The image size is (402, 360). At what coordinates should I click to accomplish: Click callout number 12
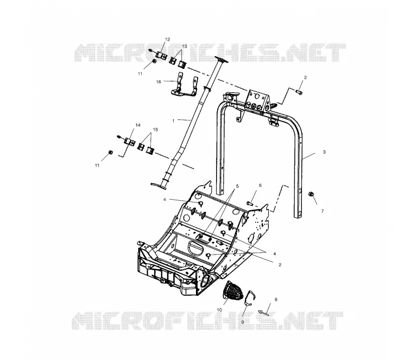tap(167, 40)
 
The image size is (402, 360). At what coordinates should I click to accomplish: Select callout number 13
tap(184, 46)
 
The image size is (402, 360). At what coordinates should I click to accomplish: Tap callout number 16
tap(159, 82)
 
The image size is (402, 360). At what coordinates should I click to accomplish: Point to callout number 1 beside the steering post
tap(173, 121)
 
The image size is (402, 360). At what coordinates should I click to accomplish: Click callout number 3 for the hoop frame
tap(324, 152)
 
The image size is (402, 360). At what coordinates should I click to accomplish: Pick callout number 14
tap(138, 125)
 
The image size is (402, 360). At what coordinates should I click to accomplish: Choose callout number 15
tap(155, 130)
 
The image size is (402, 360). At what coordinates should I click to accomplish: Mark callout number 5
tap(237, 186)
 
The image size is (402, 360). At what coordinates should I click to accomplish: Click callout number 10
tap(220, 310)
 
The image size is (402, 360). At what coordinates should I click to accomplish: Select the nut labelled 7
tap(310, 194)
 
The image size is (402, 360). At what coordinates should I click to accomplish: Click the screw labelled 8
tap(263, 312)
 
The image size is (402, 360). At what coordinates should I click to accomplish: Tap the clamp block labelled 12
tap(161, 55)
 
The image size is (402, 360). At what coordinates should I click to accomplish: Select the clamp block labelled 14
tap(130, 142)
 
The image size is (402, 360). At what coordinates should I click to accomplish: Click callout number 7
tap(323, 211)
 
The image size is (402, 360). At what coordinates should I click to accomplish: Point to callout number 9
tap(243, 322)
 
